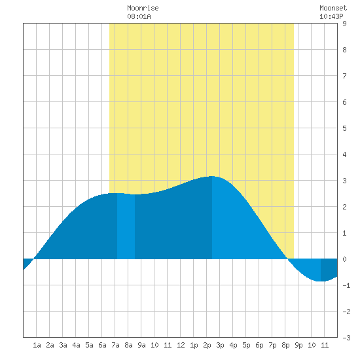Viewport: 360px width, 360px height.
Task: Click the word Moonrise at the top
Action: click(143, 8)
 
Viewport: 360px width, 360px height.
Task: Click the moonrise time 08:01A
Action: click(139, 16)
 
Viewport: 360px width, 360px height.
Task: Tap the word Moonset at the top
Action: click(333, 8)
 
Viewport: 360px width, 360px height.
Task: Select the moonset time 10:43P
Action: click(331, 16)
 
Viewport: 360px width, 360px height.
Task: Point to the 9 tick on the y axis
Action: click(344, 24)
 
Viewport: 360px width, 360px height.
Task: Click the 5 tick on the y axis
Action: click(344, 128)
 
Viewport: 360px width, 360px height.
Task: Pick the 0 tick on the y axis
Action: click(344, 259)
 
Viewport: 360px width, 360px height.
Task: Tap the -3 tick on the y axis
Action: click(346, 338)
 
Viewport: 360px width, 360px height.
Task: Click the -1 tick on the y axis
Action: click(346, 285)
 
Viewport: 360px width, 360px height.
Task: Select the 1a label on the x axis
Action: click(37, 345)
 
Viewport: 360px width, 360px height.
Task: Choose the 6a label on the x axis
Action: click(102, 345)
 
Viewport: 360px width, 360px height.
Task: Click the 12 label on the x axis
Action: click(181, 345)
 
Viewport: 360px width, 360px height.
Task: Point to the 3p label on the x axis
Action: click(220, 345)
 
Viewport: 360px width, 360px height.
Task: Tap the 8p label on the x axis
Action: click(285, 345)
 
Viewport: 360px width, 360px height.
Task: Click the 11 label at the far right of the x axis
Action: click(325, 345)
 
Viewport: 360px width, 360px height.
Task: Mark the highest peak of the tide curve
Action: click(211, 176)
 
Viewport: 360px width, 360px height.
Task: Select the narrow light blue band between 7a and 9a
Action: click(126, 226)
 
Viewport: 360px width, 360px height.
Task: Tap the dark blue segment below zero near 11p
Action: click(329, 268)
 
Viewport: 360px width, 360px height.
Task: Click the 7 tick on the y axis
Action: click(344, 76)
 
